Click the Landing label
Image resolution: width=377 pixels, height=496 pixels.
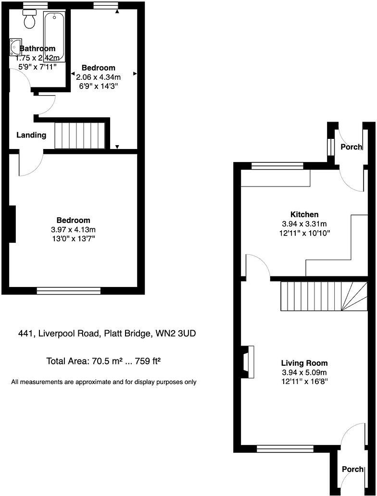[x=31, y=135]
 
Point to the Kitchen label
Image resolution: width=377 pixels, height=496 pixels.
[x=304, y=214]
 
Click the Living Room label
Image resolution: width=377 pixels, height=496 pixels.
[x=304, y=363]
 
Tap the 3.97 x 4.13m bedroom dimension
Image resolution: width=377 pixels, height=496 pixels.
[x=74, y=229]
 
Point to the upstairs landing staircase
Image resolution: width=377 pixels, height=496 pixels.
[x=79, y=136]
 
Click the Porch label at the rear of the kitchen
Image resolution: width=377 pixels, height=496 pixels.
[x=351, y=147]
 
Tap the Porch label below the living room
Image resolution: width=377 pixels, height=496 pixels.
[x=352, y=469]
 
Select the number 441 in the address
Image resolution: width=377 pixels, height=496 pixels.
[x=25, y=333]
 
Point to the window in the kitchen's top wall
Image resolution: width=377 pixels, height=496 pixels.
[x=277, y=166]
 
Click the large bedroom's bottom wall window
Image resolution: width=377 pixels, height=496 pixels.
[x=69, y=290]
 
